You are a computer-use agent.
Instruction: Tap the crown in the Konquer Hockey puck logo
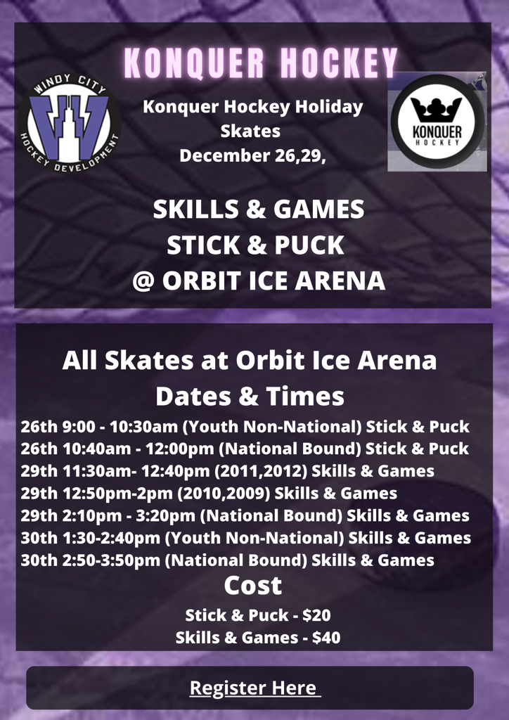pos(436,109)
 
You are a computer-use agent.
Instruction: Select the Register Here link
pos(254,688)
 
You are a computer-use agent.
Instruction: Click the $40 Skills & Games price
pos(326,638)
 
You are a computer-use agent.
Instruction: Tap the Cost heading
pos(253,585)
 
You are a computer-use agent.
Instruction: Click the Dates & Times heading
pos(250,396)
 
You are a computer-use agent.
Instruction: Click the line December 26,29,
pos(253,155)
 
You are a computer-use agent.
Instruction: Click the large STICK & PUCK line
pos(255,245)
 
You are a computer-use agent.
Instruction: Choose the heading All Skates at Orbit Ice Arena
pos(250,361)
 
